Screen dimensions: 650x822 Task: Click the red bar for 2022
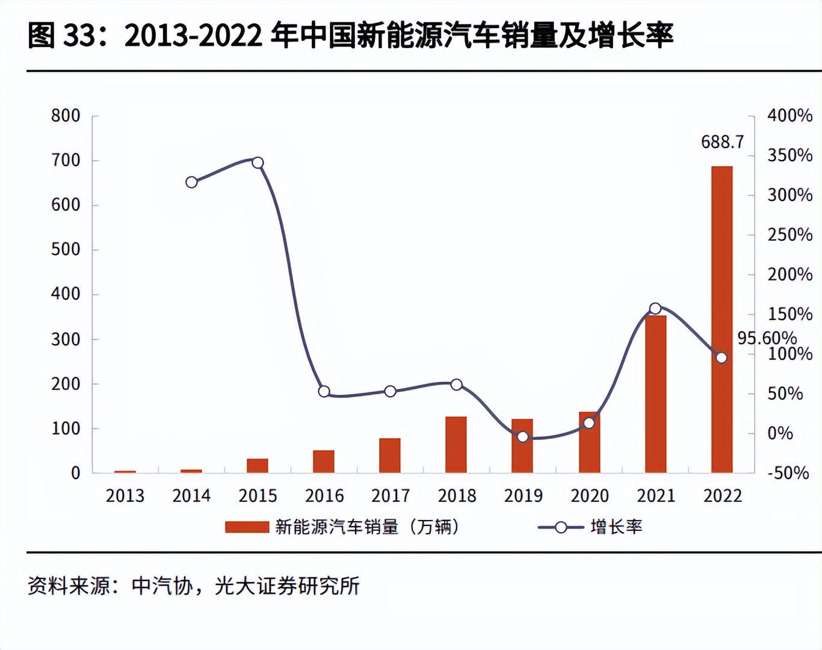722,319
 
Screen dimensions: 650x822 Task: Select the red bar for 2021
655,394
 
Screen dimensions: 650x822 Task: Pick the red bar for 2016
324,461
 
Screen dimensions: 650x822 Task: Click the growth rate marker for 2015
258,162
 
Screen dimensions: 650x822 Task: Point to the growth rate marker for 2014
191,182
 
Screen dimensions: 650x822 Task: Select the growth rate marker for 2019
523,437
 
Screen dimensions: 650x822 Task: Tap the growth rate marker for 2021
655,309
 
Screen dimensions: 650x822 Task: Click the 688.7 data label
722,142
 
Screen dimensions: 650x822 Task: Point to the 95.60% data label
767,338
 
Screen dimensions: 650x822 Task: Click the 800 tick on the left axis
66,116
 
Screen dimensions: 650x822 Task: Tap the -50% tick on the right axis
788,473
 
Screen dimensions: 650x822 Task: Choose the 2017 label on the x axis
391,496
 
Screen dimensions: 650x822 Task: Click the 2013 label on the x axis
125,496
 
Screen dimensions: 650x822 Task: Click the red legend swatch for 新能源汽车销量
247,527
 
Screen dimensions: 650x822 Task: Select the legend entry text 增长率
616,527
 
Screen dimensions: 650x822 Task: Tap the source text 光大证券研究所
287,586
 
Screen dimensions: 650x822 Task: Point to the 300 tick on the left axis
66,339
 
